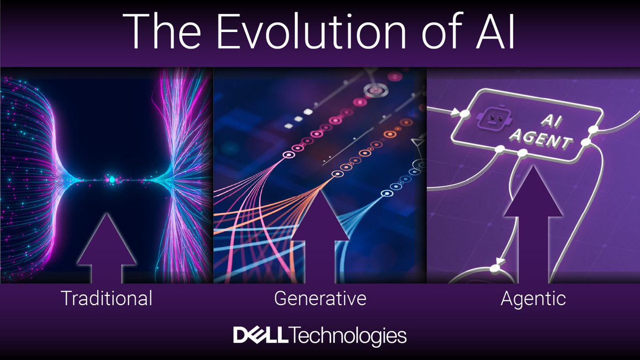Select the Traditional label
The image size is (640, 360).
coord(107,298)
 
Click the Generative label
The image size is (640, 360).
coord(320,298)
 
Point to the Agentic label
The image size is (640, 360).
coord(533,298)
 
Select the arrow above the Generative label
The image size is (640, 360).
coord(320,237)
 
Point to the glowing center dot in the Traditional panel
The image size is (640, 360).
coord(111,180)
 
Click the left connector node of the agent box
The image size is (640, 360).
coord(465,114)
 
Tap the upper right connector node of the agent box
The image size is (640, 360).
coord(592,130)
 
